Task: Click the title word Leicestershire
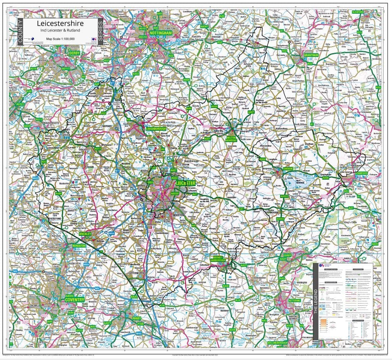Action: coord(60,23)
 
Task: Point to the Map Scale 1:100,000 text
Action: coord(60,39)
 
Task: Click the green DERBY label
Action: coord(75,53)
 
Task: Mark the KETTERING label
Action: coord(294,301)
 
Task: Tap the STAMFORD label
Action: coord(360,173)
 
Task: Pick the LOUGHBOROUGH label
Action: coord(156,129)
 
